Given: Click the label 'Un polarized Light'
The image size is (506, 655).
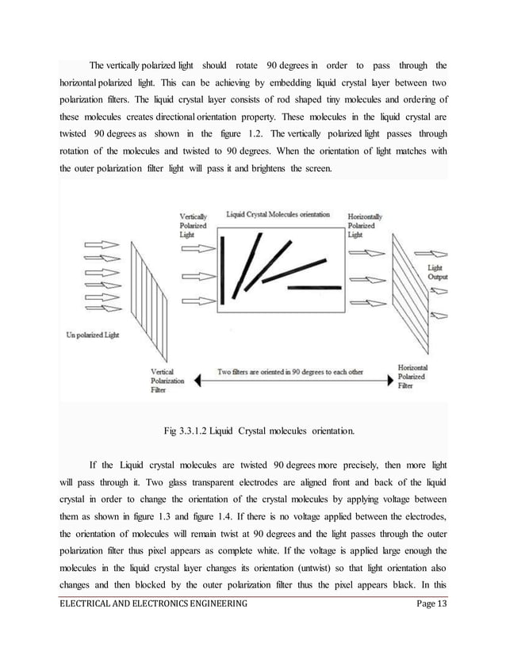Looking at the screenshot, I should [90, 334].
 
